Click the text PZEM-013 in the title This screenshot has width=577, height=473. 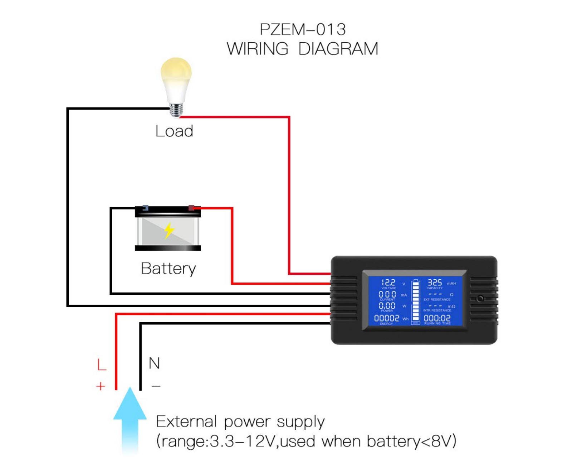point(303,29)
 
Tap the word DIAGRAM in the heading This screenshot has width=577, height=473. point(338,49)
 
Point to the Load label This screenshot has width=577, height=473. point(174,131)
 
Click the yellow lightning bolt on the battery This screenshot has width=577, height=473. point(169,231)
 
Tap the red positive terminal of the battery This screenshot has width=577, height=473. point(191,208)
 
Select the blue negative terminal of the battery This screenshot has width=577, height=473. point(145,208)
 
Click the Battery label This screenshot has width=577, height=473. point(168,269)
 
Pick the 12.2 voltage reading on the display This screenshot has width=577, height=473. point(388,283)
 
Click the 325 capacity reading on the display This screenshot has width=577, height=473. point(435,283)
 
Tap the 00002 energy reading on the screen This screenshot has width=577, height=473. point(386,318)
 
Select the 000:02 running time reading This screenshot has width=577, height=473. point(437,318)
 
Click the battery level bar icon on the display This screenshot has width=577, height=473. point(415,301)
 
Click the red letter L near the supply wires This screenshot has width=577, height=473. point(102,365)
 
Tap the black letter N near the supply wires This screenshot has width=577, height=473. point(154,363)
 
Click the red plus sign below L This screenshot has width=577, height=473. point(101,386)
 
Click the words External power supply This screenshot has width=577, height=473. point(240,422)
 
